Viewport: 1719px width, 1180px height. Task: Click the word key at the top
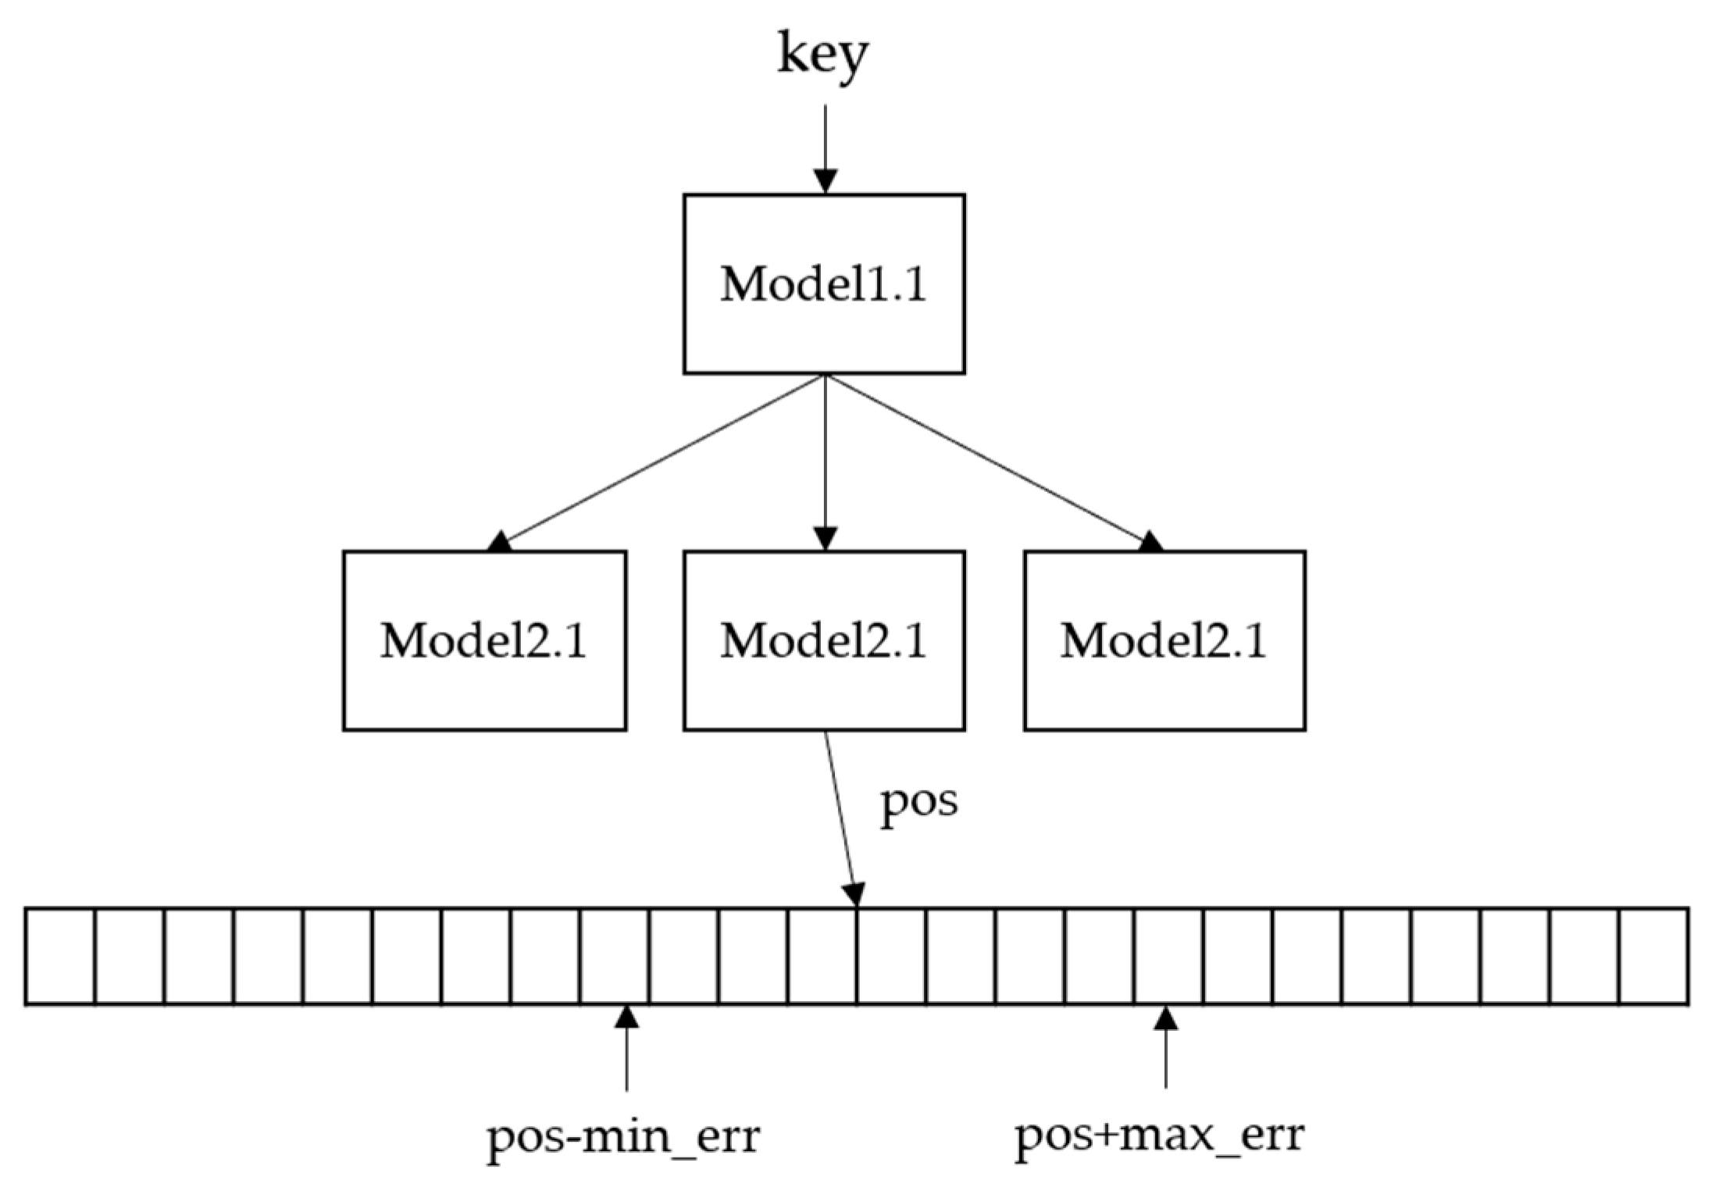point(822,55)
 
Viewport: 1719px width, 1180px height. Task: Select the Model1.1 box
point(824,284)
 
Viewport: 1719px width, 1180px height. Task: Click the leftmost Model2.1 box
point(484,641)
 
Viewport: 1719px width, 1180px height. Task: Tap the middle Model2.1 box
point(824,641)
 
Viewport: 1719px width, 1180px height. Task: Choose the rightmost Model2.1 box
point(1164,641)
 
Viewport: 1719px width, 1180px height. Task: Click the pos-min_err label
point(623,1137)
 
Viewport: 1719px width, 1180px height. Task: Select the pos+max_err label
point(1159,1135)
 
